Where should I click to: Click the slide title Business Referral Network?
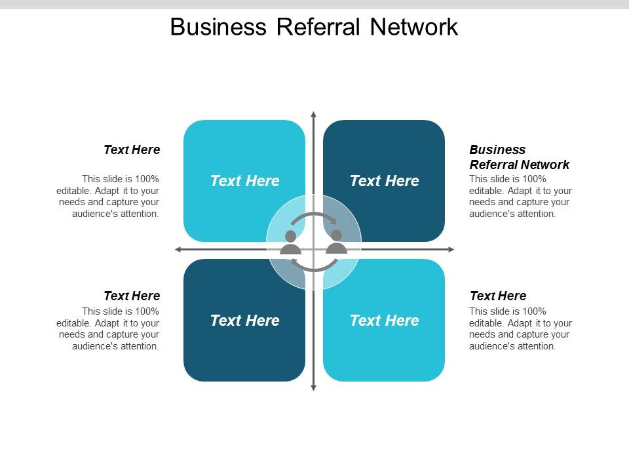(x=314, y=27)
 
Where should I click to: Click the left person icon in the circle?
(x=290, y=242)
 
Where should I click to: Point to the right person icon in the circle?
(x=336, y=241)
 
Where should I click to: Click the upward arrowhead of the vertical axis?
(x=313, y=115)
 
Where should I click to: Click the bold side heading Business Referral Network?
(x=519, y=157)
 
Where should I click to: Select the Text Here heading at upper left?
(x=132, y=149)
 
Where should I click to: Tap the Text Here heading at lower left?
(x=132, y=296)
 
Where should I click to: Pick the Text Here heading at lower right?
(x=498, y=296)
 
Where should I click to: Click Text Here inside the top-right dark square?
(x=384, y=181)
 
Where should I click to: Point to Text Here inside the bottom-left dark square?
(x=244, y=321)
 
